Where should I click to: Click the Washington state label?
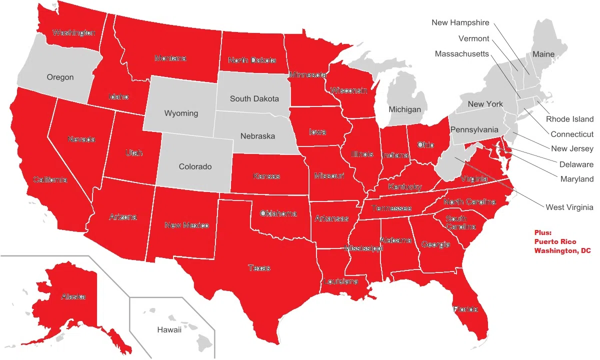click(73, 33)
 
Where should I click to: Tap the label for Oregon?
click(60, 77)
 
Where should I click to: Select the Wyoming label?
click(181, 113)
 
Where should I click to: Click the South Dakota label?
click(254, 98)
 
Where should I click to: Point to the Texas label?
click(259, 268)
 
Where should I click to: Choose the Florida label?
click(465, 309)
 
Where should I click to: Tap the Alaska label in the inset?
click(73, 296)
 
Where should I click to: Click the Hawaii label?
click(169, 329)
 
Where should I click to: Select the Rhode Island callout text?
click(569, 119)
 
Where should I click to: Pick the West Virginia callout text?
click(569, 207)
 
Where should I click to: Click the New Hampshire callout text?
click(460, 22)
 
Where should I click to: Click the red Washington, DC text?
click(562, 251)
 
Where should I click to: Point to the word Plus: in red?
click(542, 233)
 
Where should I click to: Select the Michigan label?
click(404, 109)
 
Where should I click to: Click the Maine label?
click(543, 54)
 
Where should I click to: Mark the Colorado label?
click(195, 166)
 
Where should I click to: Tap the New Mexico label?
click(186, 225)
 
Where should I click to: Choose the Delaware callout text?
click(576, 164)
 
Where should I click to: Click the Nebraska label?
click(257, 136)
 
